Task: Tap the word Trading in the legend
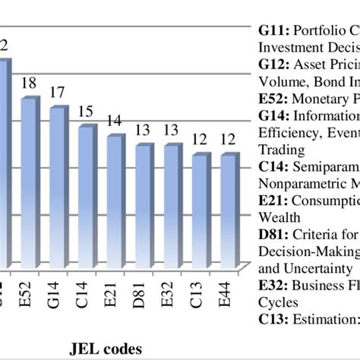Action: (x=270, y=150)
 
